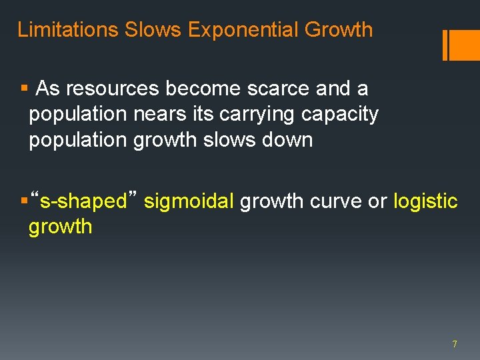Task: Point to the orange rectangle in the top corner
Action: coord(465,45)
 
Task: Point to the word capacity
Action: coord(340,114)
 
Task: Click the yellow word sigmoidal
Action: coord(189,201)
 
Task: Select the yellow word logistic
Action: coord(426,201)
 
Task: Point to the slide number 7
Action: coord(455,344)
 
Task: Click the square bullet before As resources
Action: coord(24,88)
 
